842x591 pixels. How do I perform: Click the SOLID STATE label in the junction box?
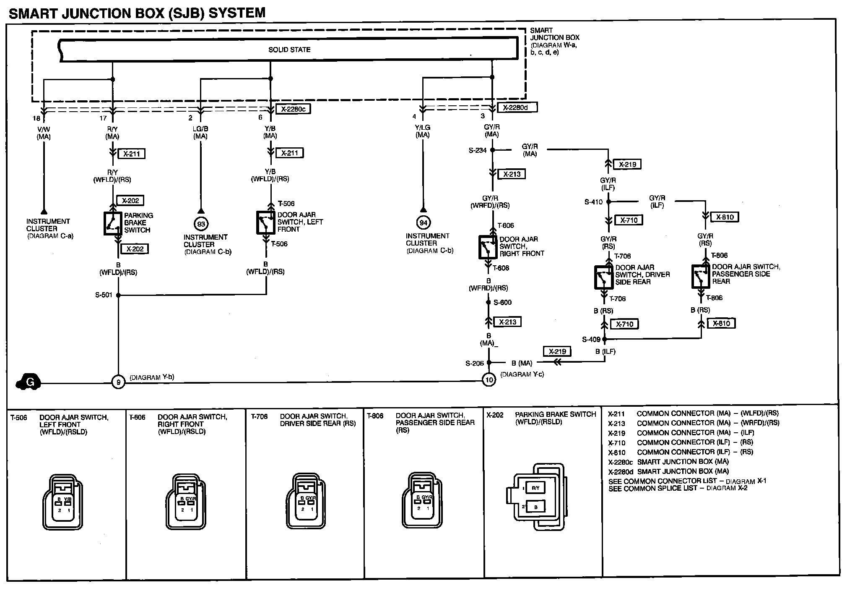click(289, 50)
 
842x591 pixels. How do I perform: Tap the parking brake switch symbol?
click(112, 223)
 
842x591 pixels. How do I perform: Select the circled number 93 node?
click(201, 224)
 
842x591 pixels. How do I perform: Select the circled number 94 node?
click(423, 223)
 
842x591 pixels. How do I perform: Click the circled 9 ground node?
click(118, 382)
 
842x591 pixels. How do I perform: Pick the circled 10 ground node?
click(489, 380)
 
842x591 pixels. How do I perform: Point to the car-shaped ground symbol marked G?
click(29, 382)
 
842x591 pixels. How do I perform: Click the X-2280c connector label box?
click(293, 109)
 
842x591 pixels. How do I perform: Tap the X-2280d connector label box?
click(517, 107)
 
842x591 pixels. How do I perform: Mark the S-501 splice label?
click(104, 295)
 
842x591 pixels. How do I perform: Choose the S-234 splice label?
click(478, 150)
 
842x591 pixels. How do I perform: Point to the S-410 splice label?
click(593, 202)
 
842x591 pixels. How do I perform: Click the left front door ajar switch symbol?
click(265, 222)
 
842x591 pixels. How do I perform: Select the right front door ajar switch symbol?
click(488, 247)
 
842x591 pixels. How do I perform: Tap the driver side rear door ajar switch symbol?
click(603, 277)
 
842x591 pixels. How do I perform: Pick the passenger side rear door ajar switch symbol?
click(700, 276)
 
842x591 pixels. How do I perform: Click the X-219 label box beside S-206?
click(557, 352)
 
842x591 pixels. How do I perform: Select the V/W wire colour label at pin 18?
click(44, 129)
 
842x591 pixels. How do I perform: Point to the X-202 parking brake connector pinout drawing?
click(536, 497)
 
